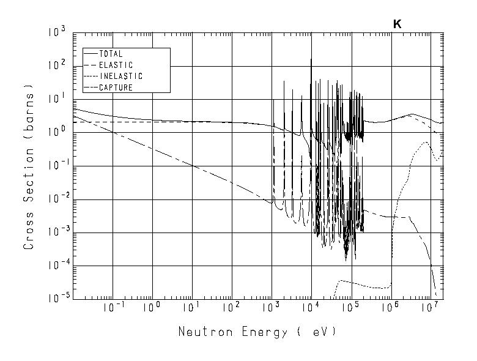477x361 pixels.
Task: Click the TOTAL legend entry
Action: (111, 54)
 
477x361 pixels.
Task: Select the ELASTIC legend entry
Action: (116, 65)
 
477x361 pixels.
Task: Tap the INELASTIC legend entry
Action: (120, 76)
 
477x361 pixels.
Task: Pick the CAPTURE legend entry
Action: (116, 87)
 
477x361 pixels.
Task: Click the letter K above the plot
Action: (397, 24)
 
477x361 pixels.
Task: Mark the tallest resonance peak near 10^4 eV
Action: (311, 60)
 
